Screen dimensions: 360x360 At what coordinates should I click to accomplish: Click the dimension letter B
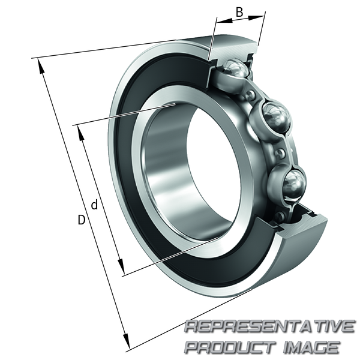click(239, 12)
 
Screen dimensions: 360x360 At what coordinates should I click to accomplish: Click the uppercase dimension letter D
click(81, 220)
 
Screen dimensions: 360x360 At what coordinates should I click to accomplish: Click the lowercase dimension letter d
click(94, 205)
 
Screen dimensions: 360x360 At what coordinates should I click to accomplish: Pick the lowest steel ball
click(295, 183)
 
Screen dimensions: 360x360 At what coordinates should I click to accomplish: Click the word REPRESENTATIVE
click(269, 327)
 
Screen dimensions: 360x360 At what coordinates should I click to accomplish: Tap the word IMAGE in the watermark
click(311, 346)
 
